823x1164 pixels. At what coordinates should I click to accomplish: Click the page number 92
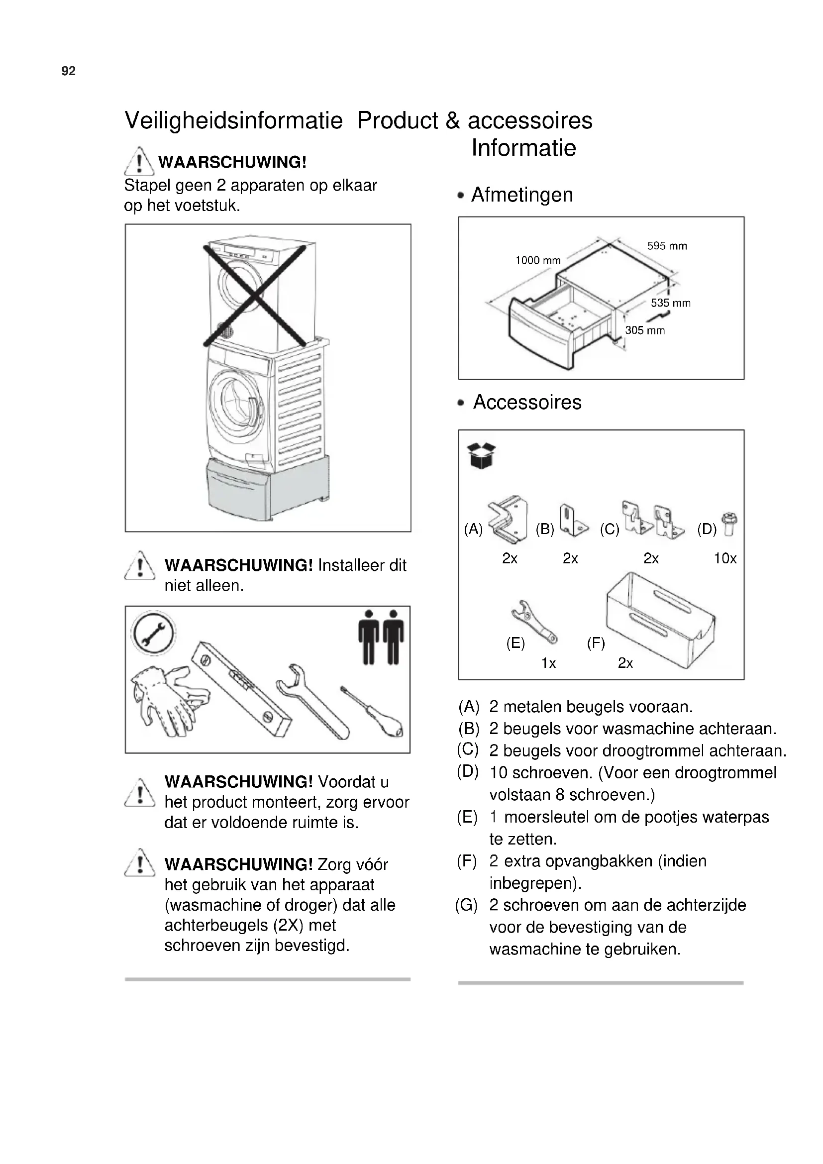(x=68, y=71)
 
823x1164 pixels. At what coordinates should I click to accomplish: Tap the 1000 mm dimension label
(x=538, y=261)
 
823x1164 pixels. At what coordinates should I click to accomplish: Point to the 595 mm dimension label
(x=667, y=246)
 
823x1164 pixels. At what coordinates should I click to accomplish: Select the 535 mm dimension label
(x=670, y=303)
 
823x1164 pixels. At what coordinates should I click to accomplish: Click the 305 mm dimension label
(x=644, y=330)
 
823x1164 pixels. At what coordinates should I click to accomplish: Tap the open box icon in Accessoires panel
(x=481, y=456)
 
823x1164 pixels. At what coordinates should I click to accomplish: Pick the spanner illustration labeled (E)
(x=533, y=622)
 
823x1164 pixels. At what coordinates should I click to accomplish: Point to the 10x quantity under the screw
(x=724, y=559)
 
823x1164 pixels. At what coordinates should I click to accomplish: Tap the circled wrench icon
(x=153, y=634)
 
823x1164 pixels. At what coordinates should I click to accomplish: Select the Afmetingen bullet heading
(x=521, y=195)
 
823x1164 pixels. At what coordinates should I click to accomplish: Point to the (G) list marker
(x=466, y=905)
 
